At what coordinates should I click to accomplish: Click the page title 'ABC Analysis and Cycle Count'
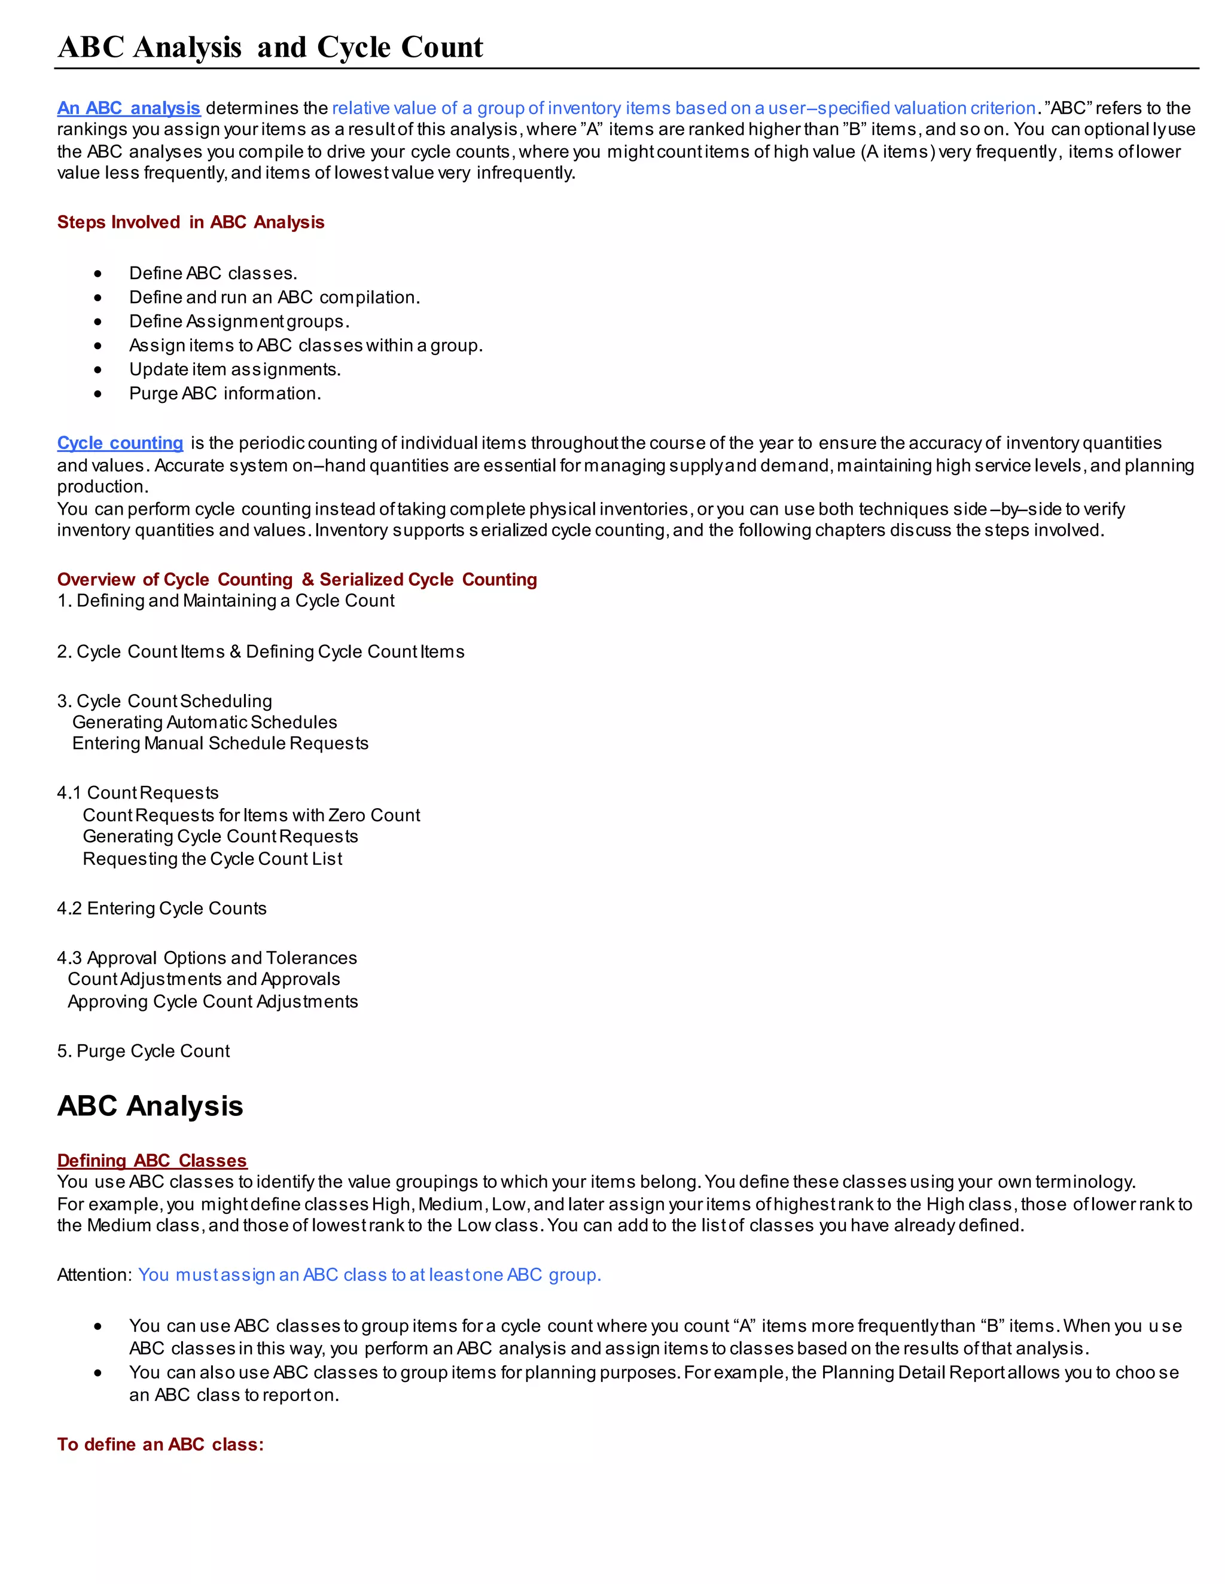coord(270,47)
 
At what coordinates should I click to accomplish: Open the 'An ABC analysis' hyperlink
coord(129,108)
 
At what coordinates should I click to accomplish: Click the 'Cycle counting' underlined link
coord(120,443)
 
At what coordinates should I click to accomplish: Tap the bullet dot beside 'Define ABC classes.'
coord(98,273)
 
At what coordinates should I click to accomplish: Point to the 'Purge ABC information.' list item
coord(224,394)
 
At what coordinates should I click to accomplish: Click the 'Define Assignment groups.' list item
coord(239,322)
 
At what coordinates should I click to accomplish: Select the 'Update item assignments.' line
coord(234,370)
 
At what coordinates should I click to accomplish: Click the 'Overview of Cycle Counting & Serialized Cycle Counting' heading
coord(297,579)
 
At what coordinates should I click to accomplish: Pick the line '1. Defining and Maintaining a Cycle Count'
coord(226,601)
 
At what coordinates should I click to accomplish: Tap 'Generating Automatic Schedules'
coord(205,723)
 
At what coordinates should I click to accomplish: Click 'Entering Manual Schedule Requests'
coord(220,744)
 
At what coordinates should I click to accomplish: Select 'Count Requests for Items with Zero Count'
coord(251,815)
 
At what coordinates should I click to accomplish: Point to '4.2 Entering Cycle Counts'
coord(162,909)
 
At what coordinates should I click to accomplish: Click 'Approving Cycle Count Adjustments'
coord(212,1002)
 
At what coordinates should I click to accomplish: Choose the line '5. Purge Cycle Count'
coord(143,1051)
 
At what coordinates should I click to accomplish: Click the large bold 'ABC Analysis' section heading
coord(150,1106)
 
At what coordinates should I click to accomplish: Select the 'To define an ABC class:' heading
coord(160,1444)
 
